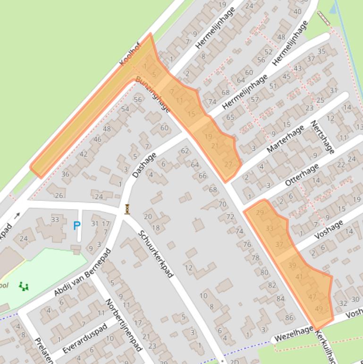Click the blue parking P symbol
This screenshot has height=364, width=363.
77,226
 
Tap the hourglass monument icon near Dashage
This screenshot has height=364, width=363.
127,209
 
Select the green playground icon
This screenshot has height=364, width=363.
24,286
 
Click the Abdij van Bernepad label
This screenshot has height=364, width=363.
82,273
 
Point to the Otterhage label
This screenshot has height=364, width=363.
303,175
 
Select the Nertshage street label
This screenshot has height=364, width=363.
322,137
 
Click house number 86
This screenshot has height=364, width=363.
289,318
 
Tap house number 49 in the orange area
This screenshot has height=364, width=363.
319,309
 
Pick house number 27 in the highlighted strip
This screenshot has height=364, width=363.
228,165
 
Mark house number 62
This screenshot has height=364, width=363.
185,151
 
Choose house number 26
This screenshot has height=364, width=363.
59,195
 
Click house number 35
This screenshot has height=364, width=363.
321,51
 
